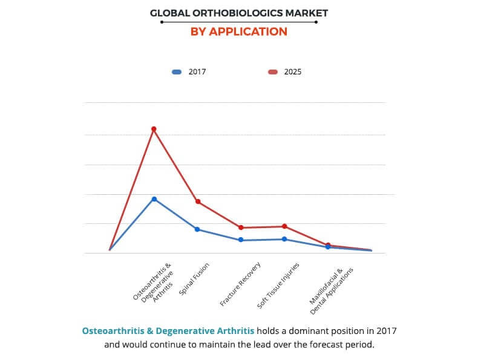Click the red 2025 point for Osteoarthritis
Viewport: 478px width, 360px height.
(154, 129)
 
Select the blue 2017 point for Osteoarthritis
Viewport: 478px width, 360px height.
(154, 199)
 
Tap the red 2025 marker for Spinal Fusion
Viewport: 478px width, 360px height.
(197, 201)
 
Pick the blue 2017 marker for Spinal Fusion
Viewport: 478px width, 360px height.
(197, 229)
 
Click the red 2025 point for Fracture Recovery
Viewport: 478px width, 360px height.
(241, 227)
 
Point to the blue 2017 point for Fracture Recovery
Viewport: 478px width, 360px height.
(241, 240)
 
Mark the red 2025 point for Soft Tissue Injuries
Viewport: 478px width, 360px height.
(284, 226)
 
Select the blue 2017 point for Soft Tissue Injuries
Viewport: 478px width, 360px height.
(284, 239)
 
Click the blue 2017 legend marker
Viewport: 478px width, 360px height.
(177, 72)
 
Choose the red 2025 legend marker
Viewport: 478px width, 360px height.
(273, 72)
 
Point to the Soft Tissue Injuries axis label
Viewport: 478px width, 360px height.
(278, 286)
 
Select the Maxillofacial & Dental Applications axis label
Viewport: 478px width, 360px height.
(330, 291)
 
